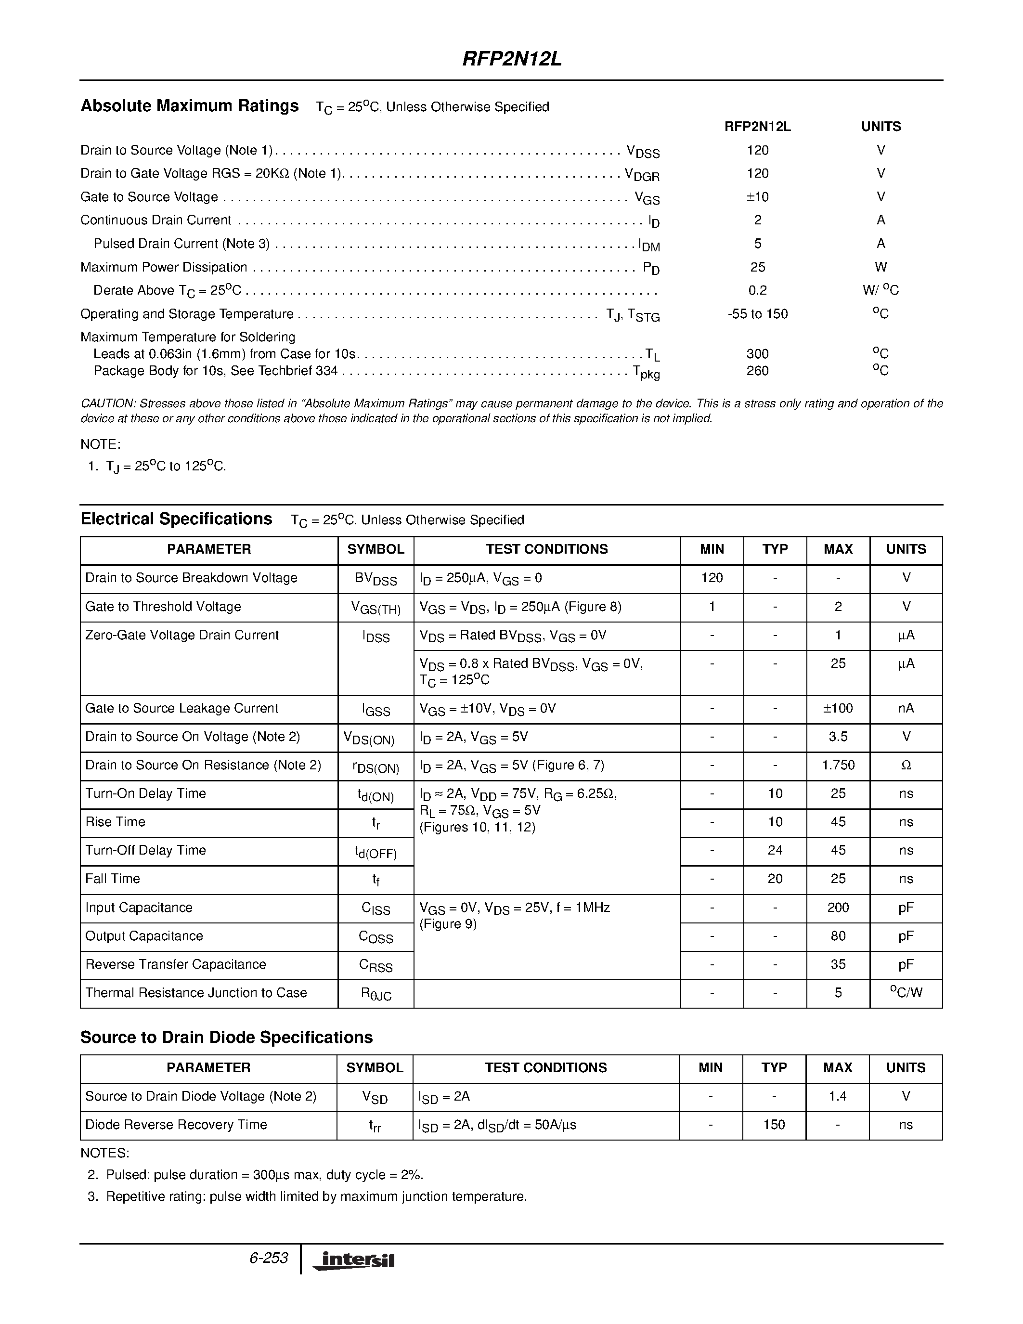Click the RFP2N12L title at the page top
pyautogui.click(x=511, y=59)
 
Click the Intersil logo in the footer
pyautogui.click(x=354, y=1260)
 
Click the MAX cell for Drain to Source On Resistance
pyautogui.click(x=838, y=766)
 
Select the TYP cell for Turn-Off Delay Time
pyautogui.click(x=775, y=851)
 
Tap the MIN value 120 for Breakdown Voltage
pyautogui.click(x=712, y=578)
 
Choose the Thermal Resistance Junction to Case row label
pyautogui.click(x=196, y=993)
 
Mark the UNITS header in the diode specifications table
pyautogui.click(x=906, y=1067)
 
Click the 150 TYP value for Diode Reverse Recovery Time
pyautogui.click(x=774, y=1125)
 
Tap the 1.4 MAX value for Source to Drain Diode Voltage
pyautogui.click(x=837, y=1096)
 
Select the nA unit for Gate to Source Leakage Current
pyautogui.click(x=906, y=709)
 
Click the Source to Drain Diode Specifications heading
pyautogui.click(x=226, y=1037)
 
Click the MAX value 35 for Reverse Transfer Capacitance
pyautogui.click(x=838, y=964)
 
